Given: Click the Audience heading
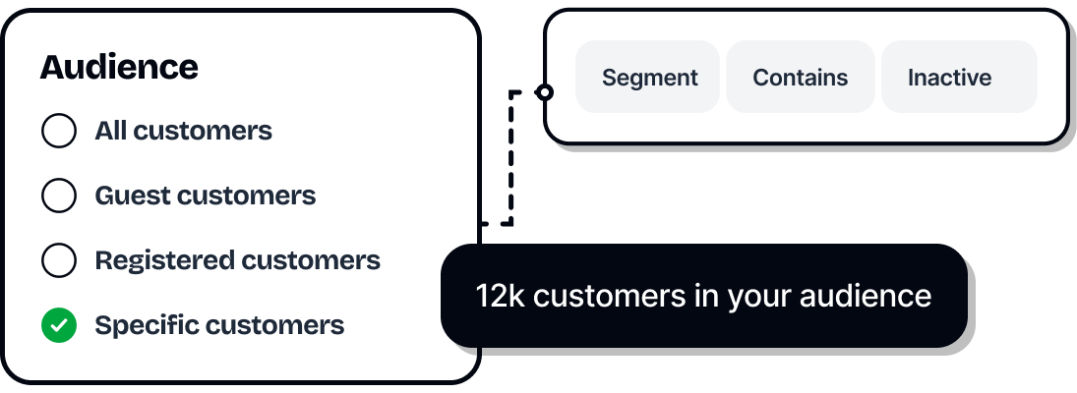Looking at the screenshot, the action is (119, 68).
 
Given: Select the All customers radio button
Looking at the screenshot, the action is (59, 131).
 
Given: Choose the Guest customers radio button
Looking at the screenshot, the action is (59, 196).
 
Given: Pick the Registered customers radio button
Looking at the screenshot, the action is (59, 260).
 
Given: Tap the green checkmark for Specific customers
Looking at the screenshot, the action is (59, 325).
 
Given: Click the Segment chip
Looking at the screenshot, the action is (649, 78).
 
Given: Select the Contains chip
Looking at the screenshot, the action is (800, 78).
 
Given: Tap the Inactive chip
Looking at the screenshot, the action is (949, 78).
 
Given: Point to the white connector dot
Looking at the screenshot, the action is (545, 92).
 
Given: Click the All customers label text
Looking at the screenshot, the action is (183, 131).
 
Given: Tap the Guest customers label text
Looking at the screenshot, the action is (205, 196).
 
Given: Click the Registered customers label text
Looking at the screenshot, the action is (237, 260).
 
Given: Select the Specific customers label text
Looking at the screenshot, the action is (219, 325).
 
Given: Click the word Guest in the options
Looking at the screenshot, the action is (127, 196).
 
